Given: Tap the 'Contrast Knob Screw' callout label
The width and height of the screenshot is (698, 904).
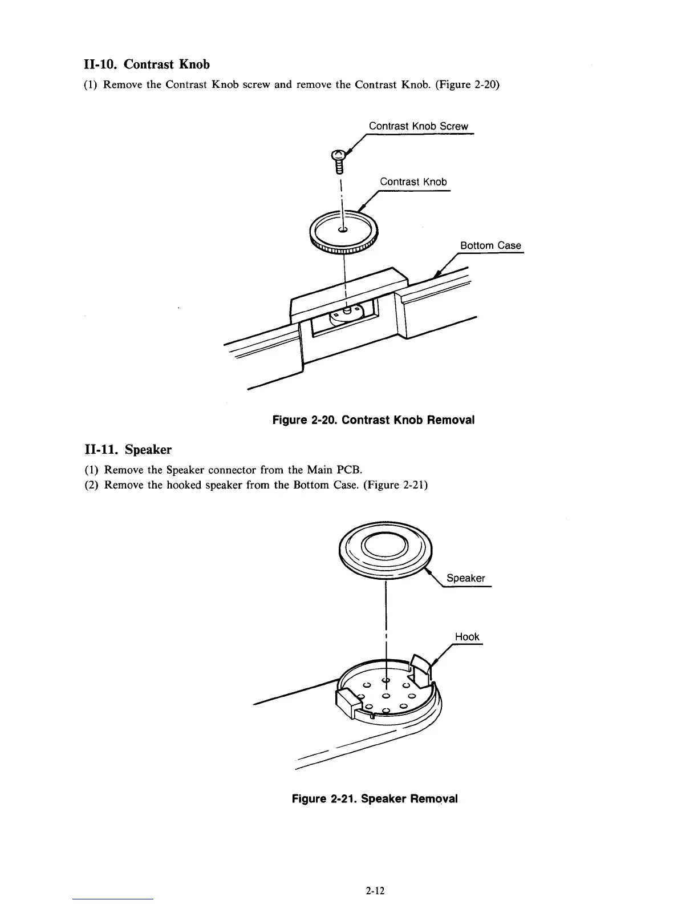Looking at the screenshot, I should (418, 126).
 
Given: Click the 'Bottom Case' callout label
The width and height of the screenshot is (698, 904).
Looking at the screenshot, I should (490, 245).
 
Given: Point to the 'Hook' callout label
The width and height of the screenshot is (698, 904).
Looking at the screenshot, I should (467, 636).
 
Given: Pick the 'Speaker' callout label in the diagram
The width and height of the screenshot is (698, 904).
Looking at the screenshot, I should (465, 578).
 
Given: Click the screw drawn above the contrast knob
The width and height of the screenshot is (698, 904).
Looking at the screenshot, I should (339, 160).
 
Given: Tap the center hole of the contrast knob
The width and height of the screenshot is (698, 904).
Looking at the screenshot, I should (343, 230).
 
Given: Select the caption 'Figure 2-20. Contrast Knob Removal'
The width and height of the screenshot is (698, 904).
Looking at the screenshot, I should (374, 420).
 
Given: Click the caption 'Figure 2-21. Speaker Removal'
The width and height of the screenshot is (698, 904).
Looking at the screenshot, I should (375, 798).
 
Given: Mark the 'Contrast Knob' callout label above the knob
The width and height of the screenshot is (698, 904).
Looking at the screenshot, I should (413, 181).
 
